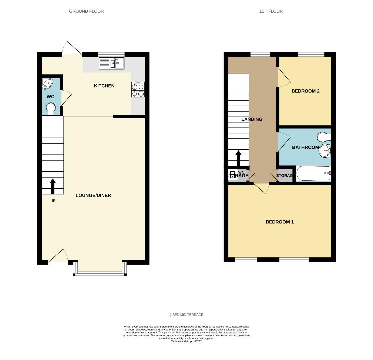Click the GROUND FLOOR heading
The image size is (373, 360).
click(x=86, y=11)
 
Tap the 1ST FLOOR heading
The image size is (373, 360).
click(x=271, y=11)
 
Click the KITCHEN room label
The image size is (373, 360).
click(x=104, y=86)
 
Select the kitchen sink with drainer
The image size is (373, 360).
click(x=111, y=63)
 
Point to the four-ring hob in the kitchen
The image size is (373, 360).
click(x=138, y=90)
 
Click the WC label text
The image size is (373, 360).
click(x=50, y=97)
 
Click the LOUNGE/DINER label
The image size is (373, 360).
click(x=93, y=195)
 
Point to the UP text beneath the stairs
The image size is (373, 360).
click(x=53, y=201)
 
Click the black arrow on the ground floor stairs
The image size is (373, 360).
click(x=53, y=186)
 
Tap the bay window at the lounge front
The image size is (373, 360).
click(x=100, y=273)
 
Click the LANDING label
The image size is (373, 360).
click(x=252, y=119)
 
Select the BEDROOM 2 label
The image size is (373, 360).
click(x=305, y=91)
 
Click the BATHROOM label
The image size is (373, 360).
click(x=305, y=147)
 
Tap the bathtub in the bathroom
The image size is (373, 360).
click(x=313, y=173)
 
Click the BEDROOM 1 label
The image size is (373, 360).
click(x=279, y=222)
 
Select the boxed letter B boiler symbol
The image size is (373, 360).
click(x=233, y=175)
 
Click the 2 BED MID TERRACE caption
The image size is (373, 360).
click(x=186, y=315)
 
